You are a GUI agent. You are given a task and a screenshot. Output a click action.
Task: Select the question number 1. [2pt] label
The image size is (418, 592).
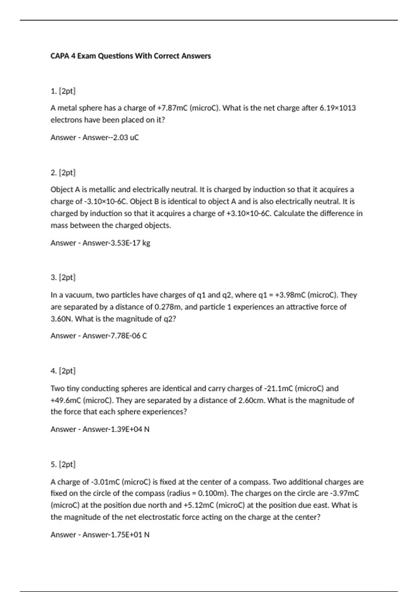63,91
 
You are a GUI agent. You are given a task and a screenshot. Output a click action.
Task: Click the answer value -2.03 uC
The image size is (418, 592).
123,138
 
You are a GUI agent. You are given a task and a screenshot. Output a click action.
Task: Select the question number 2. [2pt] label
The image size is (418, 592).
63,173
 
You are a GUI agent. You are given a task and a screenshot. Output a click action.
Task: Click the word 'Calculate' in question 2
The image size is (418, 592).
289,213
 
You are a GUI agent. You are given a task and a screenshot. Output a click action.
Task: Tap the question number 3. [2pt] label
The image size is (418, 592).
63,278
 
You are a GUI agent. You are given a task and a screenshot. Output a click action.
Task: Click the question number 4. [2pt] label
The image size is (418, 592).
63,371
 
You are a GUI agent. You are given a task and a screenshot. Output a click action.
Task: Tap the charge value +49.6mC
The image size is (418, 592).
66,400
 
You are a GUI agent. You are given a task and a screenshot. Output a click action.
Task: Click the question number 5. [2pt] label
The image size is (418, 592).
63,465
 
